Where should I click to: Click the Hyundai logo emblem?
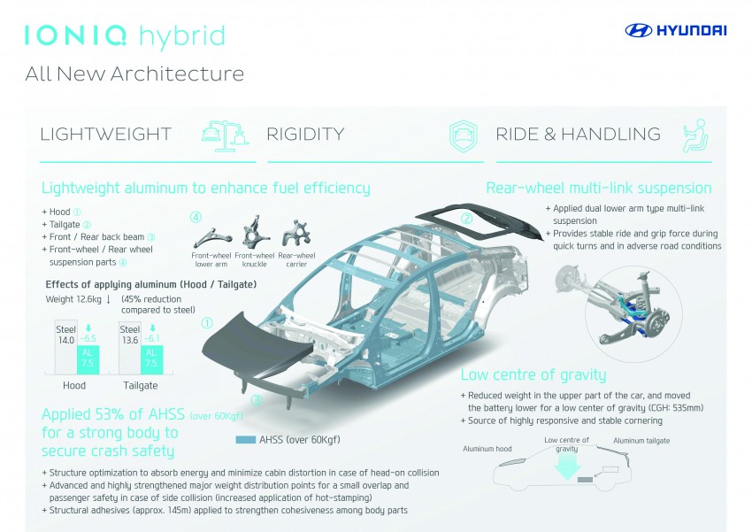coord(639,31)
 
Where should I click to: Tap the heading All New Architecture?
coord(134,73)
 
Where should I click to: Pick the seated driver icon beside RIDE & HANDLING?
coord(694,135)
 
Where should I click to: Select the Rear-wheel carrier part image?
coord(295,235)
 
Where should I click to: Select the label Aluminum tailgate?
coord(642,441)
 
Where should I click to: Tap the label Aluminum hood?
coord(487,449)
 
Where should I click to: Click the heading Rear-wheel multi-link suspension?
coord(599,188)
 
